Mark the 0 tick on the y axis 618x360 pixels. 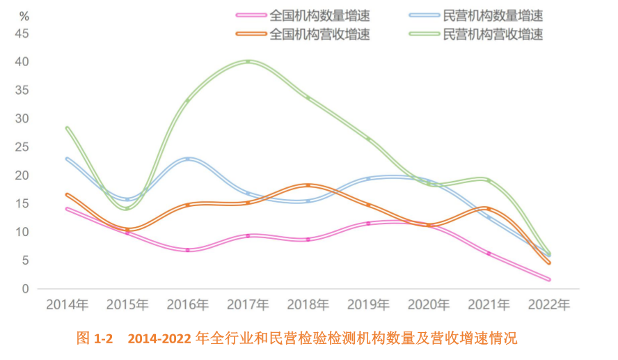25,289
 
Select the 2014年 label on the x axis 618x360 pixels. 67,305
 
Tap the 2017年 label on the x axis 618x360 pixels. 248,305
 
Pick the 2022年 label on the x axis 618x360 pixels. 548,305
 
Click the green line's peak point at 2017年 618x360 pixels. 248,61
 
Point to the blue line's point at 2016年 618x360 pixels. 188,159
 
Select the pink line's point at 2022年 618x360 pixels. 548,280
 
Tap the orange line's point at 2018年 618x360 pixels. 308,185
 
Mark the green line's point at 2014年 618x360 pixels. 67,127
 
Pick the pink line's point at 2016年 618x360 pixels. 188,250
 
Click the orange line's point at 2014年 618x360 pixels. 67,194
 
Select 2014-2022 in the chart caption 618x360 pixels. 158,339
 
